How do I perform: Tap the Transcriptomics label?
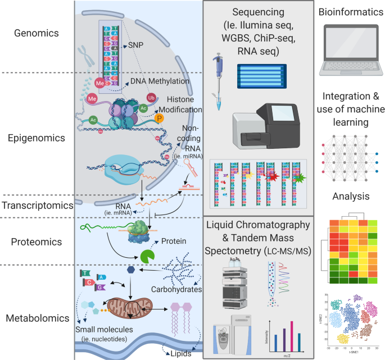tap(37, 206)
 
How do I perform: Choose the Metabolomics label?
tap(37, 318)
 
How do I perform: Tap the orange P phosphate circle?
tap(160, 119)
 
